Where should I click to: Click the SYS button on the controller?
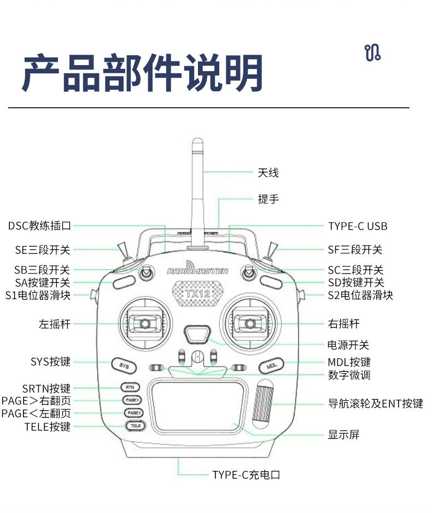[x=124, y=365]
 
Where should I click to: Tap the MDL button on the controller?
[x=271, y=365]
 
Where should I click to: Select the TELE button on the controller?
[x=135, y=425]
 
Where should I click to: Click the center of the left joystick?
[x=144, y=324]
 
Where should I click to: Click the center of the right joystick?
[x=250, y=324]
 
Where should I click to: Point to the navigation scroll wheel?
[x=266, y=404]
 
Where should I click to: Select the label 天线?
[x=268, y=173]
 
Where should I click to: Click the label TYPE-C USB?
[x=358, y=226]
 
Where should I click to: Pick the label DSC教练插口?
[x=39, y=225]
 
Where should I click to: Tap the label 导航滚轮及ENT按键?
[x=375, y=404]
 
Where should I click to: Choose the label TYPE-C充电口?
[x=246, y=475]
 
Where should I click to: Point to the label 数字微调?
[x=349, y=375]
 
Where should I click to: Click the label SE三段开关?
[x=43, y=250]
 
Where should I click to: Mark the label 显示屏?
[x=343, y=435]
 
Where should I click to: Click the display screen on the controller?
[x=197, y=406]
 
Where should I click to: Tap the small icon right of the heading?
[x=372, y=53]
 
